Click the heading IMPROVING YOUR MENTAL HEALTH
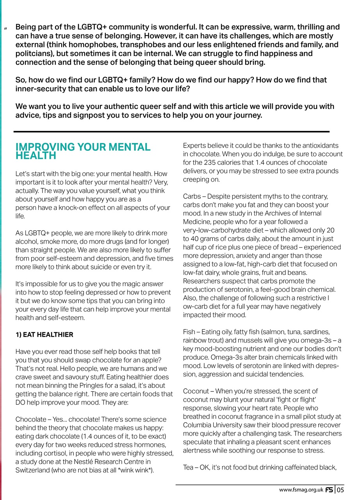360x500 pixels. point(83,152)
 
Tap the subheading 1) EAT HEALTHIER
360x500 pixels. point(44,335)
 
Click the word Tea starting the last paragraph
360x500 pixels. point(189,467)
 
